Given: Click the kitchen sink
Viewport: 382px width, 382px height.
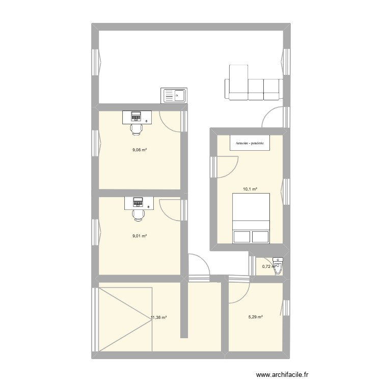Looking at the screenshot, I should (174, 95).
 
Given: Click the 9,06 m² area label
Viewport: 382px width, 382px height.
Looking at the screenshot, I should (140, 150).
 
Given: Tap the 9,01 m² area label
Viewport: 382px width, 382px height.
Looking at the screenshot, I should (140, 236).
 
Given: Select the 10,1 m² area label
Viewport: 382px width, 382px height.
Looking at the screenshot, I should (250, 189).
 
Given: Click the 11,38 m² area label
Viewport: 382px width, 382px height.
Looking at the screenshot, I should (159, 317).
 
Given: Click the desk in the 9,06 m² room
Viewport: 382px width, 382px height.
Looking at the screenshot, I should (137, 118).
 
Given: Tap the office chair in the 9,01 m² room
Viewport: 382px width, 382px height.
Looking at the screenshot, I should (138, 214).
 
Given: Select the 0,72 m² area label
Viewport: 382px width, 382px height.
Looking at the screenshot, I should (268, 266).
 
